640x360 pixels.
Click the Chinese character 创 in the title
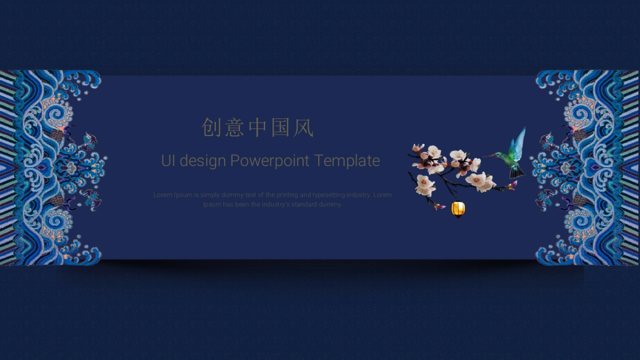[213, 128]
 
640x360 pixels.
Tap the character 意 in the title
[235, 128]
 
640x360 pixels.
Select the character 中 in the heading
[258, 128]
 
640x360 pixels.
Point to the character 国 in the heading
[281, 128]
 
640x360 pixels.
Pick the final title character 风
[303, 128]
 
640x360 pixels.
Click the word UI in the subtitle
[168, 161]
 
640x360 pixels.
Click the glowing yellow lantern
[458, 209]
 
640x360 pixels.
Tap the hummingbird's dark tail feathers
[517, 172]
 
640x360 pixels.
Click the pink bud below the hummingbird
[513, 185]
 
